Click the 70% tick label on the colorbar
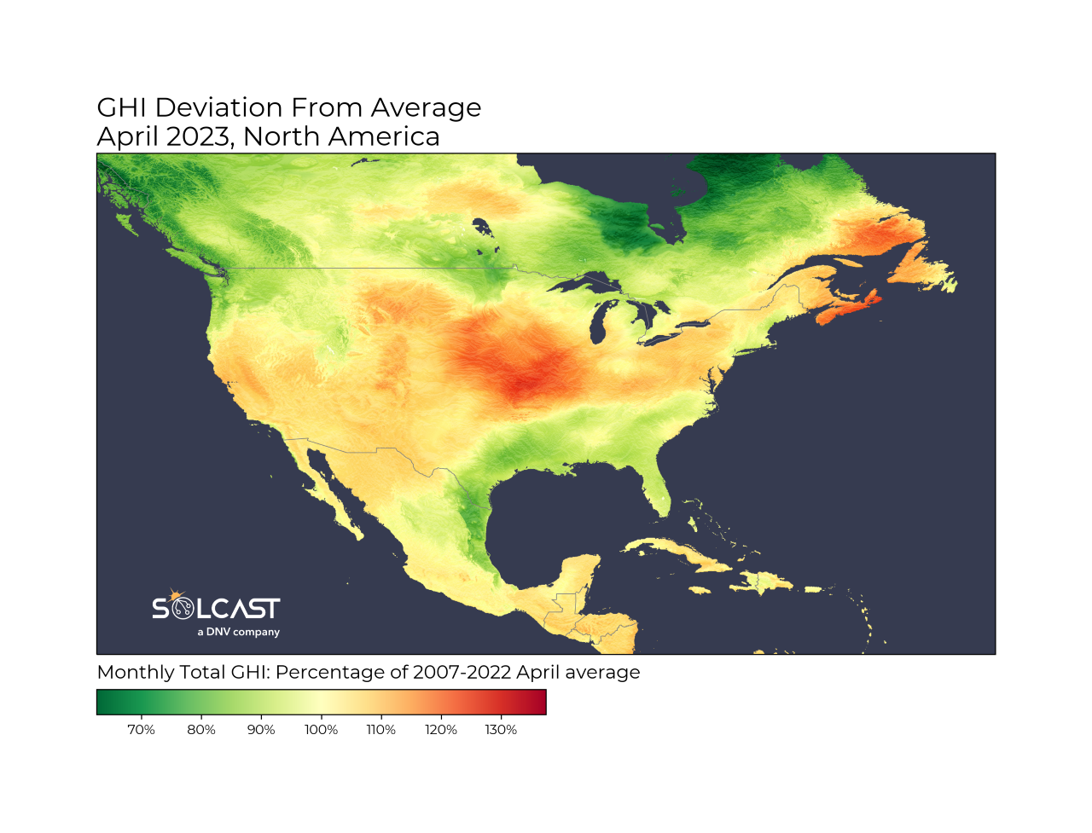coord(141,730)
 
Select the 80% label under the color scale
coord(201,730)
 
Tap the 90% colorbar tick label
coord(261,730)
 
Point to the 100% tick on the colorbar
coord(322,730)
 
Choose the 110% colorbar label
coord(381,730)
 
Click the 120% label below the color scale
coord(441,730)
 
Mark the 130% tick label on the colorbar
coord(502,730)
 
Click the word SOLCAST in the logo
coord(216,609)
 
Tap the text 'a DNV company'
coord(239,632)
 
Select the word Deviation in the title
coord(219,108)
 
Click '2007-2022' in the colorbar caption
coord(462,673)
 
